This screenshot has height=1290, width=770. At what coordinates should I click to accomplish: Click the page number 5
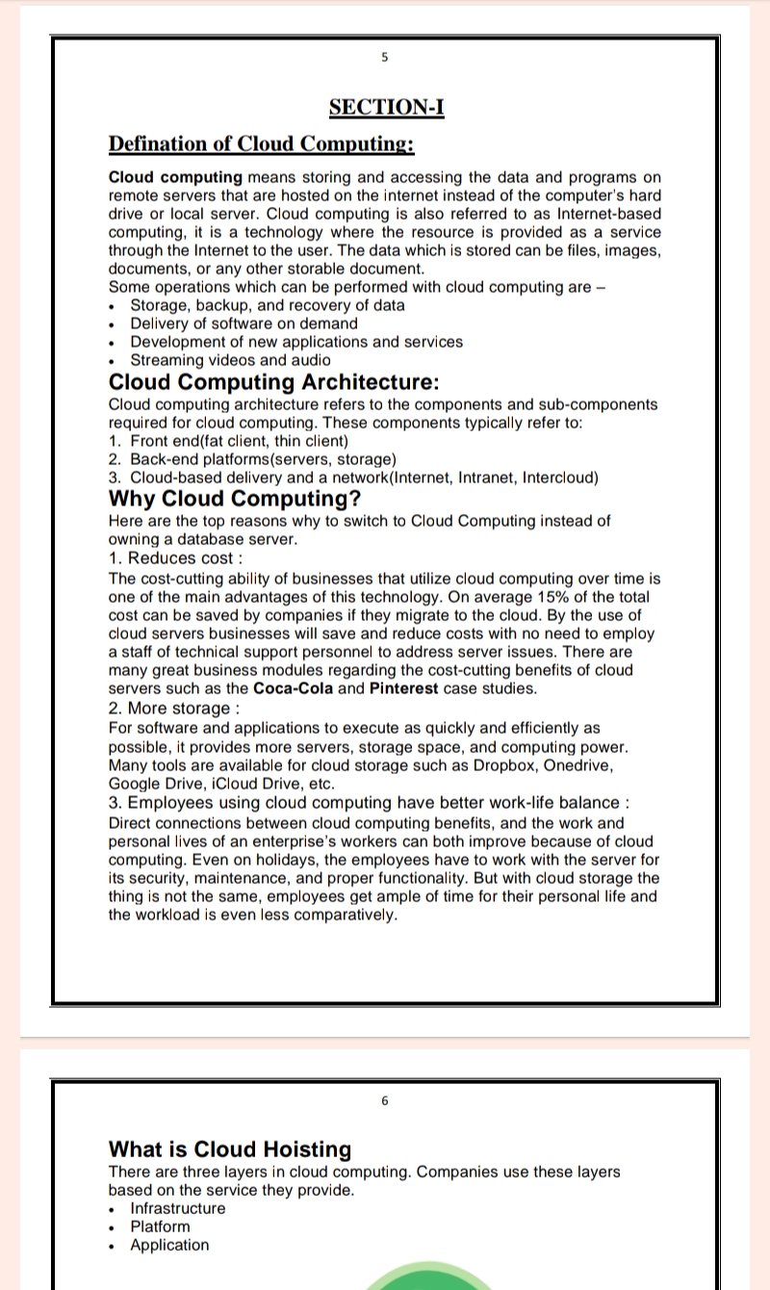click(385, 57)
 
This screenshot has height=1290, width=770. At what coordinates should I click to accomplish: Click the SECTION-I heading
click(386, 107)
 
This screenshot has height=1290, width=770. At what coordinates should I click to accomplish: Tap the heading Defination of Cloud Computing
click(261, 144)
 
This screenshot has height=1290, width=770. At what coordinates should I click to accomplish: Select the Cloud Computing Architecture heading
click(274, 381)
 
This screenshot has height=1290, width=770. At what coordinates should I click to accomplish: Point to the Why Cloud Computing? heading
click(235, 499)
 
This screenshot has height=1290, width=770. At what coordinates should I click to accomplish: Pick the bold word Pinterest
click(403, 688)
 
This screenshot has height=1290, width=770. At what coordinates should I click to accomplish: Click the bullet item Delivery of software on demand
click(244, 323)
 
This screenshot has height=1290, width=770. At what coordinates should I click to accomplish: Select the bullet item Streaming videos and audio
click(230, 360)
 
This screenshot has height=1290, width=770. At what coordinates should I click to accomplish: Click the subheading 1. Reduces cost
click(175, 558)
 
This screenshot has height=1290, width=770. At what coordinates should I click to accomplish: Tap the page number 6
click(385, 1100)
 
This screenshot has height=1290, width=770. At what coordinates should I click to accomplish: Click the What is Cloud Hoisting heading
click(230, 1149)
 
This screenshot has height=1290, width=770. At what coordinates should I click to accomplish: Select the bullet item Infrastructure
click(178, 1208)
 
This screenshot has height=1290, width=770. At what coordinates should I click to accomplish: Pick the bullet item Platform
click(160, 1226)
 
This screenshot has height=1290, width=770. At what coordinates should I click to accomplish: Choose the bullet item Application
click(169, 1245)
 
